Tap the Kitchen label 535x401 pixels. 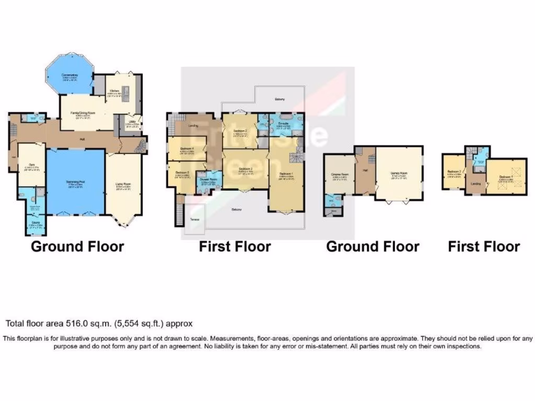coord(114,91)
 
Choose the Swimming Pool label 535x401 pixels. coord(76,183)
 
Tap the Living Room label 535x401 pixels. coord(123,184)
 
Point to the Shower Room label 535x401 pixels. coord(208,180)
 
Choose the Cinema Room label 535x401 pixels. coord(340,175)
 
